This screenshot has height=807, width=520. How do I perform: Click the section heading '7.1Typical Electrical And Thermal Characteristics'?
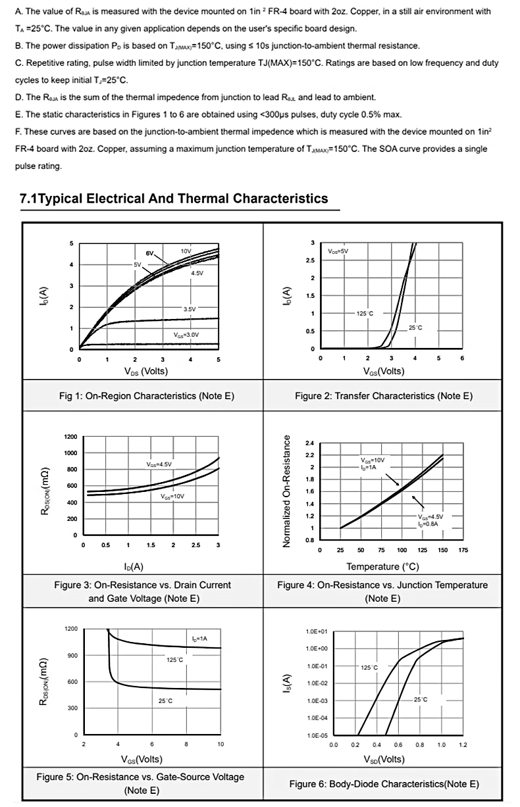coord(174,199)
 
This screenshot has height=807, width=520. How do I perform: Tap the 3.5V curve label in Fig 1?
coord(189,308)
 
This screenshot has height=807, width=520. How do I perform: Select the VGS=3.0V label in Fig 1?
coord(186,335)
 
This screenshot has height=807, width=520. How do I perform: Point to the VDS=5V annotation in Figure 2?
coord(338,251)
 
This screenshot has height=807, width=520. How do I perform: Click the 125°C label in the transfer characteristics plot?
coord(365,314)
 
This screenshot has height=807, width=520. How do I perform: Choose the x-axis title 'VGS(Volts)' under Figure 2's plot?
coord(384,372)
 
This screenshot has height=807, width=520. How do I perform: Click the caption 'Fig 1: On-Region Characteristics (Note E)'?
coord(147,396)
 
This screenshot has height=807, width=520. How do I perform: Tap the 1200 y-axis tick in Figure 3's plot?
coord(70,437)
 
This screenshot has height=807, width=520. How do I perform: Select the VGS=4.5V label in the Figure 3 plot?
coord(159,464)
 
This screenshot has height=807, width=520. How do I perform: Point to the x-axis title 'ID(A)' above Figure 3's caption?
coord(134,566)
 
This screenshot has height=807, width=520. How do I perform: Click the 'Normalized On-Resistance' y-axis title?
coord(287,489)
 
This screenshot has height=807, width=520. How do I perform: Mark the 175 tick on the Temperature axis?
coord(463,550)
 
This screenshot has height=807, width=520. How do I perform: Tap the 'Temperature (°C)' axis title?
coord(382,566)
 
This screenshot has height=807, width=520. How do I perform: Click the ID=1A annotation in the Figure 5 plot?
coord(199,639)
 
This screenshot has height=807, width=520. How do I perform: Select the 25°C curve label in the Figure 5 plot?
coord(165,702)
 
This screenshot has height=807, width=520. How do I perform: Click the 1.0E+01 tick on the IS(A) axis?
coord(317,632)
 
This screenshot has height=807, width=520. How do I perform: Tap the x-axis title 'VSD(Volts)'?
coord(384,760)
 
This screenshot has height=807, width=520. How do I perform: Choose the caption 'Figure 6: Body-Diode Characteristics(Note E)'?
coord(384,784)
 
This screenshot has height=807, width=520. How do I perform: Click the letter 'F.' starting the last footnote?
coord(18,132)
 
